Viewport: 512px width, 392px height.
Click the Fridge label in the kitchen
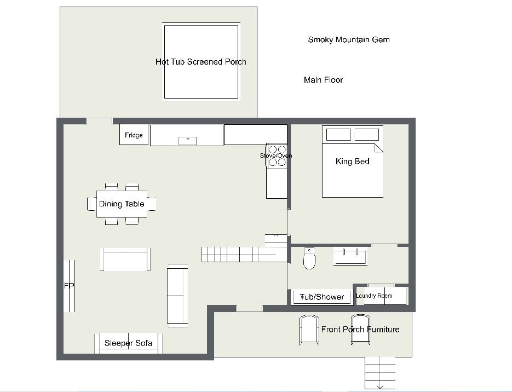(x=134, y=135)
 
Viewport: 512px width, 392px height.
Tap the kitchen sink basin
(x=188, y=141)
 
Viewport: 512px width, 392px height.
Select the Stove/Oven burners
(x=277, y=156)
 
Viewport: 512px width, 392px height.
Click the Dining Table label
(x=122, y=204)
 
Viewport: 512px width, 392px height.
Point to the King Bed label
(x=352, y=162)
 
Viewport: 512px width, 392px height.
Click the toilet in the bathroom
(x=309, y=258)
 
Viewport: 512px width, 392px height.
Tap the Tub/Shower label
(x=322, y=297)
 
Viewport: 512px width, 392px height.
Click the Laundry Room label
(x=374, y=296)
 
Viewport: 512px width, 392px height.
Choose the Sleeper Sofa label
(x=128, y=343)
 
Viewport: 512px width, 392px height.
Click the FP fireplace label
(x=69, y=286)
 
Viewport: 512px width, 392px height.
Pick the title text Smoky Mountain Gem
(x=349, y=40)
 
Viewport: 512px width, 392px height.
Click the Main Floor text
(x=323, y=80)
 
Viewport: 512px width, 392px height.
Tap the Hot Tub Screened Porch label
(x=201, y=62)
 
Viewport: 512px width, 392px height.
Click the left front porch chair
(x=309, y=330)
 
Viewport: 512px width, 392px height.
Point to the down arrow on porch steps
(x=379, y=387)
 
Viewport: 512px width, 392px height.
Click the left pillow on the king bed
(x=338, y=135)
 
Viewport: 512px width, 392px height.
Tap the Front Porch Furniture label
(x=360, y=330)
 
